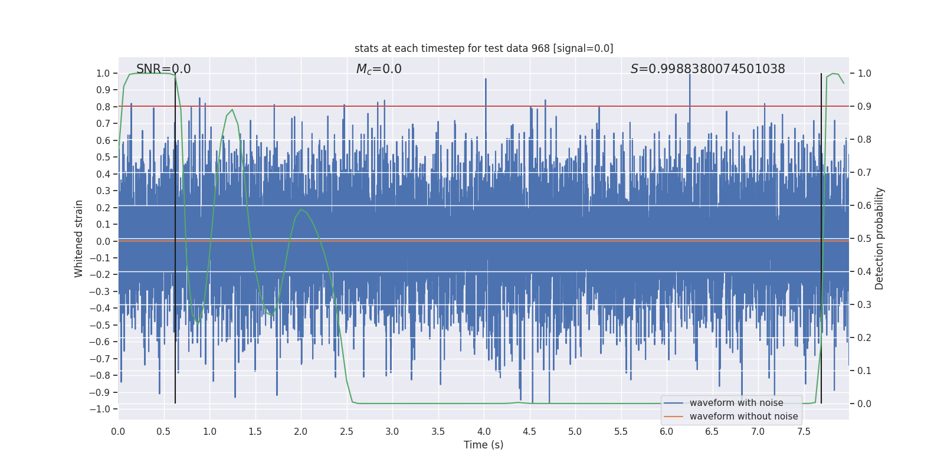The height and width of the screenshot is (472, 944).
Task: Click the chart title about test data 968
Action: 484,48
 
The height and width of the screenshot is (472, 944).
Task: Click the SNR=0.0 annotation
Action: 163,69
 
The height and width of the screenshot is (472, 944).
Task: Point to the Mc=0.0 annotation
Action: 379,69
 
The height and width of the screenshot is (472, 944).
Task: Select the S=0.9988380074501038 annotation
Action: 707,69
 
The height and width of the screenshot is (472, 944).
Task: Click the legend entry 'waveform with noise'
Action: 736,403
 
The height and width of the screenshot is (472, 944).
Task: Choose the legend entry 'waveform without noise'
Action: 743,417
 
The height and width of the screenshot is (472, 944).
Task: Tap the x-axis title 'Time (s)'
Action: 483,445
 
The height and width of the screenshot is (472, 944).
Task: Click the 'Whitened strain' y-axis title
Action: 79,238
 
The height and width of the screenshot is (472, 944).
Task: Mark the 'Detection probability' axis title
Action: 880,238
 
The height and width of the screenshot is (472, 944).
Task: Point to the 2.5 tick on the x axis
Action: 346,431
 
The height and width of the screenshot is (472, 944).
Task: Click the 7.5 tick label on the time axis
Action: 804,431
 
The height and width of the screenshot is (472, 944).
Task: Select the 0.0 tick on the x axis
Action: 118,431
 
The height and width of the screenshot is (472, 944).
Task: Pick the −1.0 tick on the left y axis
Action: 103,409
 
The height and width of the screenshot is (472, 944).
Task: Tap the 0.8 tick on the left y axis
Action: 103,107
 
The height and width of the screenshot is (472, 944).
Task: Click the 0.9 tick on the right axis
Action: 864,107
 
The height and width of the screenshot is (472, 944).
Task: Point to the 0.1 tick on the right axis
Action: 864,371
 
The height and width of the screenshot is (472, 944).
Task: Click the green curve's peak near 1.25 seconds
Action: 232,110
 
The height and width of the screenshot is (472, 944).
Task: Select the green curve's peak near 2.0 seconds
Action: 301,209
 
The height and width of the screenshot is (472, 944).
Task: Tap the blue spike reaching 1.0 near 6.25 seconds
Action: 689,76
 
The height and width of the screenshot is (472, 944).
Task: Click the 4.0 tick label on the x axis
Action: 483,431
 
